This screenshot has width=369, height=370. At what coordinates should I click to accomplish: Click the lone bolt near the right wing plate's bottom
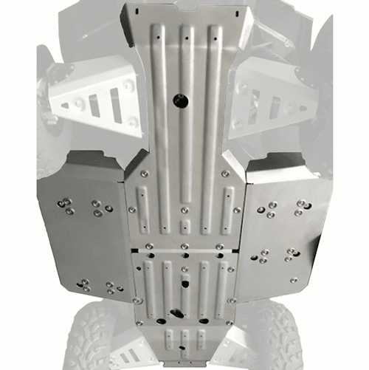(x=293, y=281)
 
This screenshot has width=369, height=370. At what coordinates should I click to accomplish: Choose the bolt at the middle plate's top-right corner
(x=224, y=174)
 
